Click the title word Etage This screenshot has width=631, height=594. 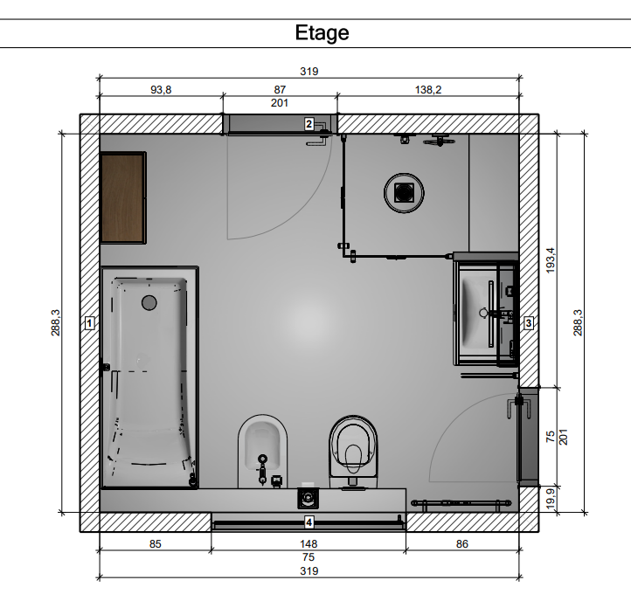[x=322, y=33]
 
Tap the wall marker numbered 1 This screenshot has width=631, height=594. [x=90, y=323]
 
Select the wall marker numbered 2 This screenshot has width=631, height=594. [x=309, y=124]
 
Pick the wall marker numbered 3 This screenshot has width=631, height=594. [x=529, y=323]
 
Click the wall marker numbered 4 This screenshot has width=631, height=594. [x=309, y=522]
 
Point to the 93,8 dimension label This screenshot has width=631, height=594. [x=161, y=90]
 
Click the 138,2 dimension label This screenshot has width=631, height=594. [x=428, y=90]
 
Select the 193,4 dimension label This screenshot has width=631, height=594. [x=551, y=260]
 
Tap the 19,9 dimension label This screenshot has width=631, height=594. [x=551, y=498]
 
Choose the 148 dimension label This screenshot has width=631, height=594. [x=309, y=544]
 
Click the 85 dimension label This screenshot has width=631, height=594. [x=156, y=544]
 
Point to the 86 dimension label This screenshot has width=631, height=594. [x=462, y=544]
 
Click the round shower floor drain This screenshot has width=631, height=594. [x=404, y=193]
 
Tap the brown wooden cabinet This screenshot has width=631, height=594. [x=122, y=198]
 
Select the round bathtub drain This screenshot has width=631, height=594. [x=149, y=302]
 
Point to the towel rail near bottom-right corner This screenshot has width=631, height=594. [x=461, y=503]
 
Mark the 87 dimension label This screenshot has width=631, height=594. [x=280, y=90]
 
